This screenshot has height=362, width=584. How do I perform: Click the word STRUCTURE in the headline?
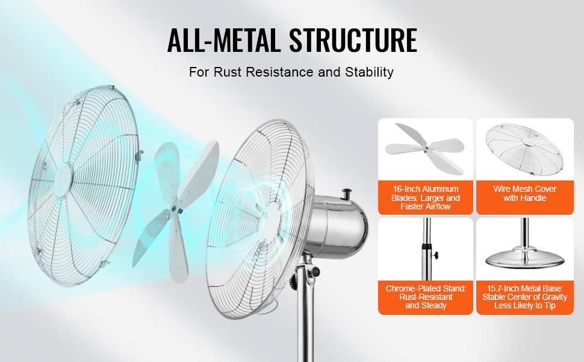(353, 40)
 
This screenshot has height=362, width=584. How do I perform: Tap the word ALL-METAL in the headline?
(224, 40)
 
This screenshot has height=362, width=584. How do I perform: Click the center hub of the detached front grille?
(64, 178)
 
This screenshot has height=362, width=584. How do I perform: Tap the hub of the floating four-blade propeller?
(175, 206)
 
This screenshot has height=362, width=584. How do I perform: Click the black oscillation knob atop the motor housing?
(347, 194)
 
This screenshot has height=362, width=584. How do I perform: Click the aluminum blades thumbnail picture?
(425, 149)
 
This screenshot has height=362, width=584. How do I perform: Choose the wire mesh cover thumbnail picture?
(525, 149)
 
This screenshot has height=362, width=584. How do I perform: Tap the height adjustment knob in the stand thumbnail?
(434, 256)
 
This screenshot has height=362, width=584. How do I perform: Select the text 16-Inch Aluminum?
(425, 189)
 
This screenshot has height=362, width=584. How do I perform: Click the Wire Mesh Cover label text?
(525, 189)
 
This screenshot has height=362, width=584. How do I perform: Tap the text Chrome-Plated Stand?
(426, 288)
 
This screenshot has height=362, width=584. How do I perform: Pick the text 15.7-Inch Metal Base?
(525, 288)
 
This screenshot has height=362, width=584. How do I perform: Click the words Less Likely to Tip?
(525, 306)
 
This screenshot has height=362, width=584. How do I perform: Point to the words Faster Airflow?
(425, 206)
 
